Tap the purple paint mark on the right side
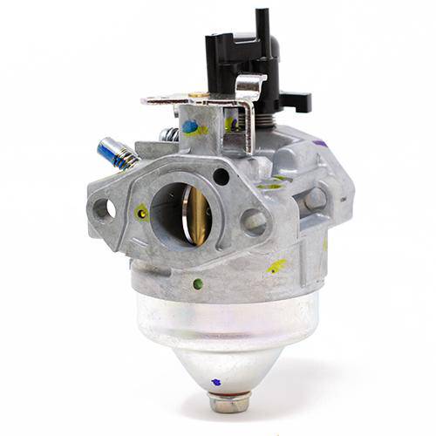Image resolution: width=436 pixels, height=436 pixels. (x=319, y=142)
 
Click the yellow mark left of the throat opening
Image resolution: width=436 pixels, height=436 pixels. (x=142, y=211)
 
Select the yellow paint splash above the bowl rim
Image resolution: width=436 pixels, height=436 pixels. (x=277, y=265)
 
